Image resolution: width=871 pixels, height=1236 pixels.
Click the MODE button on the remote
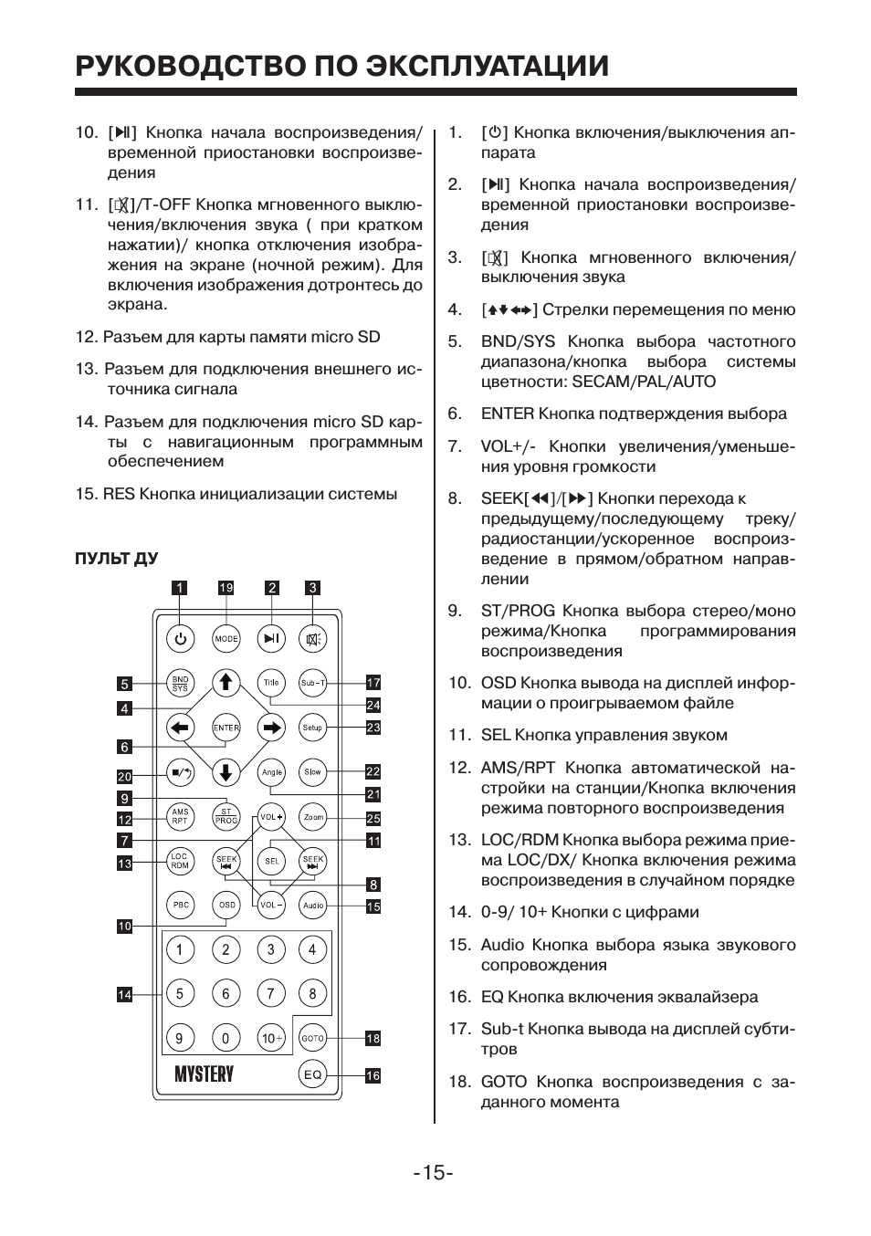[226, 639]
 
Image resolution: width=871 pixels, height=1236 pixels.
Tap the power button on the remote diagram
[181, 639]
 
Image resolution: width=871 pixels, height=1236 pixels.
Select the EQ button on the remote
[313, 1074]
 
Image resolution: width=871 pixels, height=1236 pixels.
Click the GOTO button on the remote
[313, 1038]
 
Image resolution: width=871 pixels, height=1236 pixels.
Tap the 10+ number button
[271, 1038]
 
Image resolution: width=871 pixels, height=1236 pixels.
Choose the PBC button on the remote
[181, 906]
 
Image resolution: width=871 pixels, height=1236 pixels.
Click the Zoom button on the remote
[313, 818]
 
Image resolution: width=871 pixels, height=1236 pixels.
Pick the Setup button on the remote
[313, 728]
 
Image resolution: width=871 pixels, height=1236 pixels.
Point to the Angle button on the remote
[271, 772]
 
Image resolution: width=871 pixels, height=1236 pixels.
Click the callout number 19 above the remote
[226, 588]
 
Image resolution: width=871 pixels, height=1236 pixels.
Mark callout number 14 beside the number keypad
[124, 995]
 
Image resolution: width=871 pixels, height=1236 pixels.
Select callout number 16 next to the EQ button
[373, 1076]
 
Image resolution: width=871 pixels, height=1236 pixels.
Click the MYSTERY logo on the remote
[205, 1074]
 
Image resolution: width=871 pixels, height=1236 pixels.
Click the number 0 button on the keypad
[226, 1038]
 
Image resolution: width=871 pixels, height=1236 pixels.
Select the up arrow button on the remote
[226, 683]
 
